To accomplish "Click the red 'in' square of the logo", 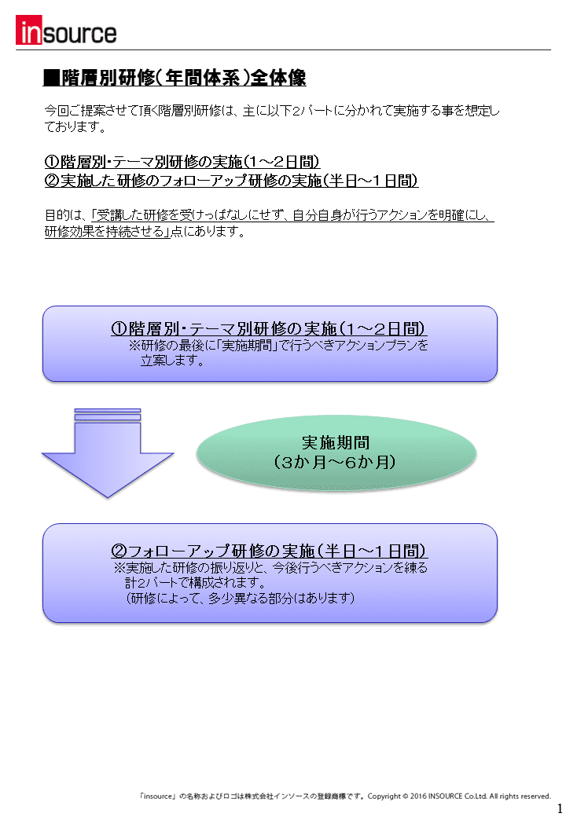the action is click(28, 30).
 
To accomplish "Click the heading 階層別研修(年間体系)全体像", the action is click(183, 78).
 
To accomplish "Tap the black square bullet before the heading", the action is click(52, 78).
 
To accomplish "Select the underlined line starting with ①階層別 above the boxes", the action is click(182, 162).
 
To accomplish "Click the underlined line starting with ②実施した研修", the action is click(231, 181).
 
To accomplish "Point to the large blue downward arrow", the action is click(108, 452).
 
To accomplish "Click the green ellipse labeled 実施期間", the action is click(336, 452).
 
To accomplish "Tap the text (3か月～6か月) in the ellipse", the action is click(335, 462).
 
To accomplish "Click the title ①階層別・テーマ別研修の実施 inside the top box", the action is click(269, 329).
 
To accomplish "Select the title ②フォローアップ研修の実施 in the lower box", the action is click(269, 551).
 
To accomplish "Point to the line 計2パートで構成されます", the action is click(196, 583).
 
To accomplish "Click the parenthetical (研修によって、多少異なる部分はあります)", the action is click(241, 598).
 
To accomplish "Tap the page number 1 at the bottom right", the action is click(560, 808).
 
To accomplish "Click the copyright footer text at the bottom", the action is click(345, 796).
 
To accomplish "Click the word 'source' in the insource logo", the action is click(79, 34).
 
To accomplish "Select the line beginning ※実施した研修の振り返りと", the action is click(270, 567).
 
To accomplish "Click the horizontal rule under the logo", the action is click(283, 50).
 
